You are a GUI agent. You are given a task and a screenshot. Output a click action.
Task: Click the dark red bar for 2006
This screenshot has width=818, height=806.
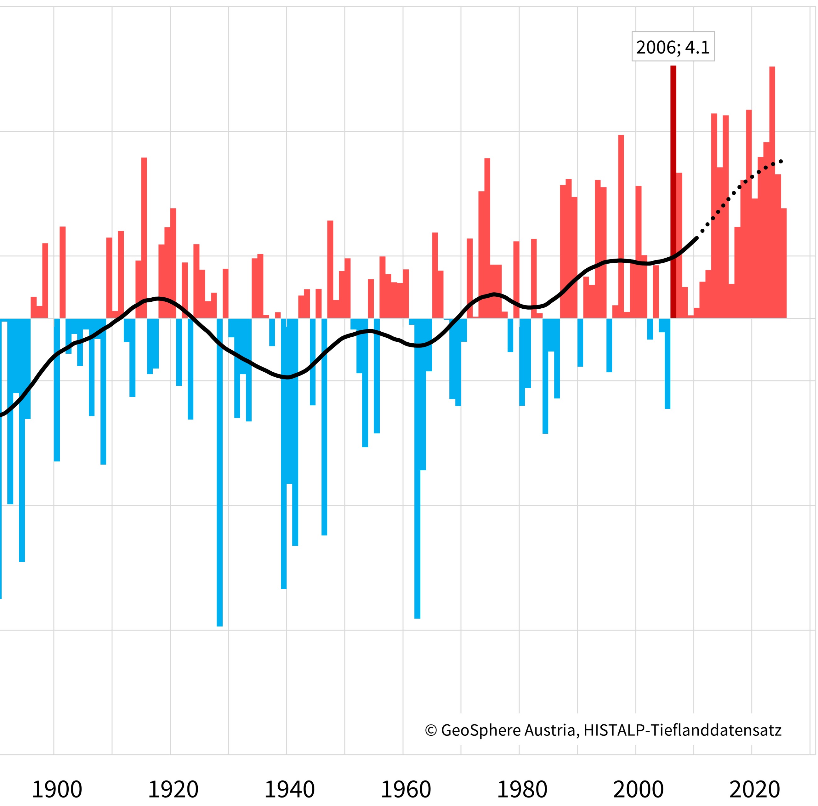click(673, 191)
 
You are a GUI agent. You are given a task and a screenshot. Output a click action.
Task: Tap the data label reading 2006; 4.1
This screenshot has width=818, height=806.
click(673, 47)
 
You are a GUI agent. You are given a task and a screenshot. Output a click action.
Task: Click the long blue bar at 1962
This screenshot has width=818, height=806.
click(417, 466)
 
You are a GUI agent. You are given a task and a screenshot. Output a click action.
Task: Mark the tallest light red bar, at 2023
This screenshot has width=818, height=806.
click(772, 191)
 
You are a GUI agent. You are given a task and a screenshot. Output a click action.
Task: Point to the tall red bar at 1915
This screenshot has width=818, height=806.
click(144, 237)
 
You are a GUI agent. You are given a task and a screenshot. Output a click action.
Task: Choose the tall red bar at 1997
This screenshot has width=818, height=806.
click(621, 224)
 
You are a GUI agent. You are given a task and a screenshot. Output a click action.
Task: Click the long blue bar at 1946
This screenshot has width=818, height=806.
click(324, 423)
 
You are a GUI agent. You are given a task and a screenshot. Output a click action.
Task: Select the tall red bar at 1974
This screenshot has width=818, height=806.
click(487, 237)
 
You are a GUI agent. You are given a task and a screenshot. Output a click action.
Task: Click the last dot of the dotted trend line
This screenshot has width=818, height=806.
click(781, 161)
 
